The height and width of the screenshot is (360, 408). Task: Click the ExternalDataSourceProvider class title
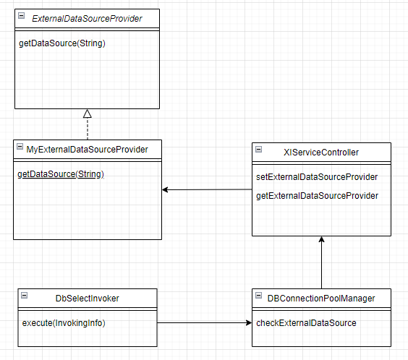87,19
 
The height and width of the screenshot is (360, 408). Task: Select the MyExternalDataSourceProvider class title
87,150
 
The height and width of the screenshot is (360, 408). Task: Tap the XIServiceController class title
321,153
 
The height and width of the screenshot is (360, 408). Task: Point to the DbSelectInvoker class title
87,299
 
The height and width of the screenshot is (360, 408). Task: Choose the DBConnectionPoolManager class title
321,299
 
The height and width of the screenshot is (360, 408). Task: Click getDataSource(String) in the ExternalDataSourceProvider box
62,43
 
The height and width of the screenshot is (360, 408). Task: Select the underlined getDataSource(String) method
61,174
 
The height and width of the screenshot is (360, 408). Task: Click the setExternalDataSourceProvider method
317,177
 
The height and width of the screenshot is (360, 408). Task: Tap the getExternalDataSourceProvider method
317,196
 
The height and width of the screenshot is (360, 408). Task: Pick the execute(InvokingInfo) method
64,323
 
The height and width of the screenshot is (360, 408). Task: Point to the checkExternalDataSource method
306,323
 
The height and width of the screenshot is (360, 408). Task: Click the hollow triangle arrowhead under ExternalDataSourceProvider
87,113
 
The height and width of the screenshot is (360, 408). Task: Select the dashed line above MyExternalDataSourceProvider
88,129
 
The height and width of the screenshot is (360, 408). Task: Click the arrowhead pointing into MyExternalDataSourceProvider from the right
165,189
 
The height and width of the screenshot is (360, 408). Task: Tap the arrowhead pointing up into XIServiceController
322,239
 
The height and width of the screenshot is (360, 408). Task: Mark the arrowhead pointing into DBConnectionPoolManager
249,323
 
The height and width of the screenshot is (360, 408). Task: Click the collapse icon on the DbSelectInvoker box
24,295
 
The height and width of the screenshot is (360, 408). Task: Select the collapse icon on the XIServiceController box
259,149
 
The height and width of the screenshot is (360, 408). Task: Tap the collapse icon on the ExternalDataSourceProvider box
21,16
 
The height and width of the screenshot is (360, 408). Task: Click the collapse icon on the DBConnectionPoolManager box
259,295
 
